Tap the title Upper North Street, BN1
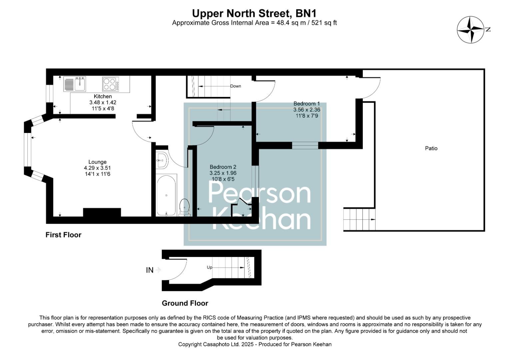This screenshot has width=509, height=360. coord(254,13)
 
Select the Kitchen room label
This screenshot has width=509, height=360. coord(103,96)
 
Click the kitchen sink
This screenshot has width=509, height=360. coord(80,84)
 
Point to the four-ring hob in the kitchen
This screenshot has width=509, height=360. coord(111,84)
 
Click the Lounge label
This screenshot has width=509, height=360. coord(97,162)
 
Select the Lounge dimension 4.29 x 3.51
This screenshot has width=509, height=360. coord(97,168)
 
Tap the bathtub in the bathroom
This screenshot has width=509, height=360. coord(166,195)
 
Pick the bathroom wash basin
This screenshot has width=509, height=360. coord(162,161)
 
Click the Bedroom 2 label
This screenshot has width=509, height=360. coord(223,167)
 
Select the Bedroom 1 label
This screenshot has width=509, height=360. coord(306,104)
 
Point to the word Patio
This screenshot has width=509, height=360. coord(431,148)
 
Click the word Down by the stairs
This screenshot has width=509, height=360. coord(236,86)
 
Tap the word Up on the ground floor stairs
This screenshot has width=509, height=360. coord(210,267)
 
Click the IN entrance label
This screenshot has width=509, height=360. coord(150,270)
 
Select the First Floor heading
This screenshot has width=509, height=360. coord(63,235)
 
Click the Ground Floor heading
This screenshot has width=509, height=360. coord(185,303)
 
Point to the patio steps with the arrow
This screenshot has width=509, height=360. coord(359,219)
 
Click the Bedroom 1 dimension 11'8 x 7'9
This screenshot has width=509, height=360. coord(306,116)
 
